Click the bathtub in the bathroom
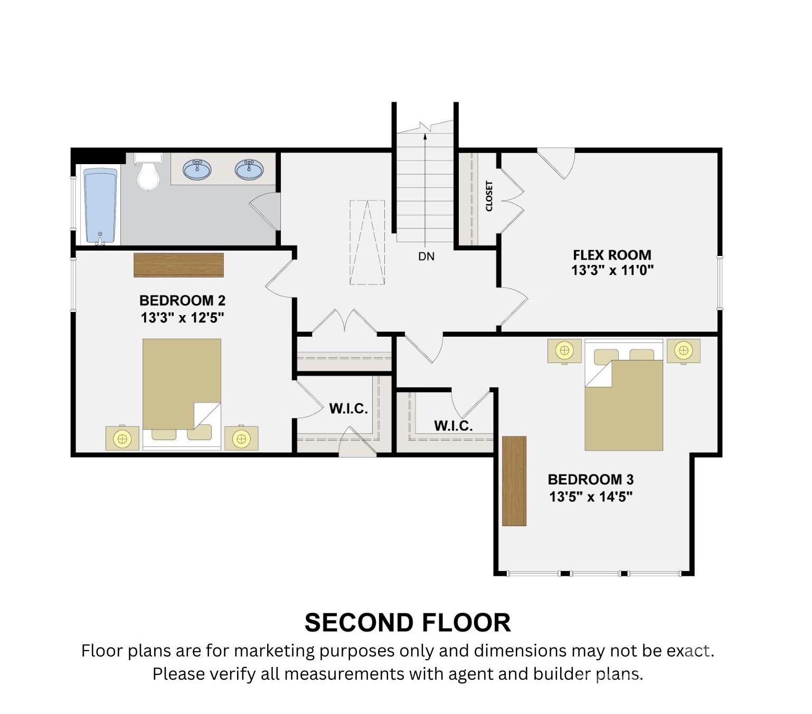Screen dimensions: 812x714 pos(100,206)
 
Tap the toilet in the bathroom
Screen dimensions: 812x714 pos(148,172)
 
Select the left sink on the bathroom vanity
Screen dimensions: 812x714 pos(197,169)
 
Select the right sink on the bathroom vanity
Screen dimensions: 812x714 pos(249,169)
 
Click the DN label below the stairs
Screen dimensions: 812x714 pos(426,256)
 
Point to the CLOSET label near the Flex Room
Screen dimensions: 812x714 pos(489,196)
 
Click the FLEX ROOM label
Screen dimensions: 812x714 pos(611,255)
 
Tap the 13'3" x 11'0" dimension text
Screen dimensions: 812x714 pos(612,270)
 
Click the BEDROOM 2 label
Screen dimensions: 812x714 pos(182,300)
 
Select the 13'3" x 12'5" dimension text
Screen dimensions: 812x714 pos(182,318)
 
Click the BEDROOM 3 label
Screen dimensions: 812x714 pos(590,479)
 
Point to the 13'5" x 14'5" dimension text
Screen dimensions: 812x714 pos(591,497)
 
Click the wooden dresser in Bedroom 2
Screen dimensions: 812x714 pos(178,264)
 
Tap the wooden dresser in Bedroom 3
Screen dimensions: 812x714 pos(514,481)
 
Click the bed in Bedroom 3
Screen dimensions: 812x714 pos(624,395)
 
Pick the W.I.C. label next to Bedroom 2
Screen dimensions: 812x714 pos(348,408)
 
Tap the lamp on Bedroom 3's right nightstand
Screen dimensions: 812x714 pos(683,350)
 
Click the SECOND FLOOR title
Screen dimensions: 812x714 pos(408,623)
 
